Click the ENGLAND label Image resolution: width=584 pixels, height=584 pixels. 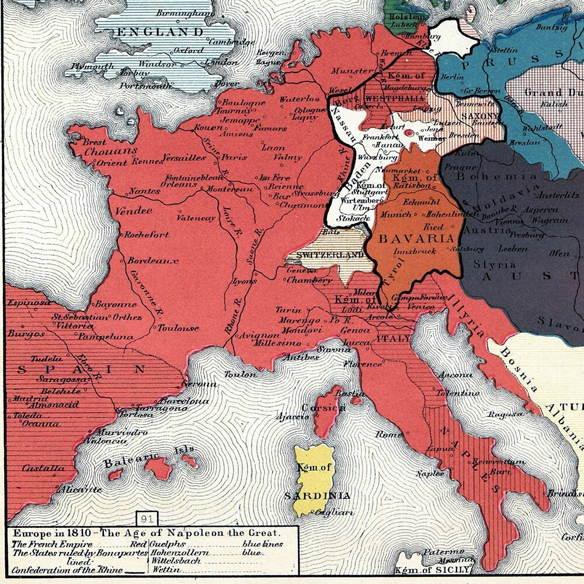pos(161,32)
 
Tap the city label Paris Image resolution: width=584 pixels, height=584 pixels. pos(234,157)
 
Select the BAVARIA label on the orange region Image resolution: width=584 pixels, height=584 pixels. pos(416,239)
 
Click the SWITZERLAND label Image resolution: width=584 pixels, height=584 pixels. pos(330,255)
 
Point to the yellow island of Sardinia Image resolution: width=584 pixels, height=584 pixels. pos(314,479)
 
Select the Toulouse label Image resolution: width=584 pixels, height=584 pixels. pos(179,328)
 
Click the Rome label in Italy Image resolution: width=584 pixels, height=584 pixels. pos(389,434)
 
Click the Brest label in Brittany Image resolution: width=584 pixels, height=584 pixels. pos(95,141)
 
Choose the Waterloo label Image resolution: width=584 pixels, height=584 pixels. pos(299,99)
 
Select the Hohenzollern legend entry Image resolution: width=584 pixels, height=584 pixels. pos(176,552)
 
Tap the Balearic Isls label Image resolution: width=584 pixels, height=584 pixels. pos(149,456)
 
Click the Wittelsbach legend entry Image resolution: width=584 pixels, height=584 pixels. pos(175,561)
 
